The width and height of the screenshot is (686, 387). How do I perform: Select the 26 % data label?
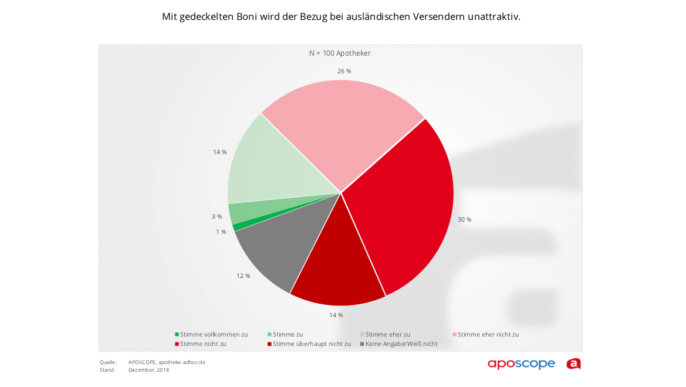point(344,71)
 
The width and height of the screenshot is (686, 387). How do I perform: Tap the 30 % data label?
point(465,219)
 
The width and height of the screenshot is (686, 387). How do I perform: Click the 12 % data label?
point(244,276)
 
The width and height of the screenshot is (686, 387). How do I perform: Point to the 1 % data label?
point(221,232)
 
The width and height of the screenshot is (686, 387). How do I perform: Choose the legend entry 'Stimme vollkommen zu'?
point(211,334)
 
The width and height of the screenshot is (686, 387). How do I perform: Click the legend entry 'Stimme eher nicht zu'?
point(486,334)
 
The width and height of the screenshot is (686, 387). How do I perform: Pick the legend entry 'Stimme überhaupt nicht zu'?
point(309,344)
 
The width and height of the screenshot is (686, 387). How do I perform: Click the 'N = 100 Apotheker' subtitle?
point(340,53)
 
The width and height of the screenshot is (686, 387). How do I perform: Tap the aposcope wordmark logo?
point(521,364)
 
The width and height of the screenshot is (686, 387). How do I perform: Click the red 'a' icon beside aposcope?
point(573,364)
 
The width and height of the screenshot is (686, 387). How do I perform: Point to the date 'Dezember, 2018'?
point(148,370)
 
